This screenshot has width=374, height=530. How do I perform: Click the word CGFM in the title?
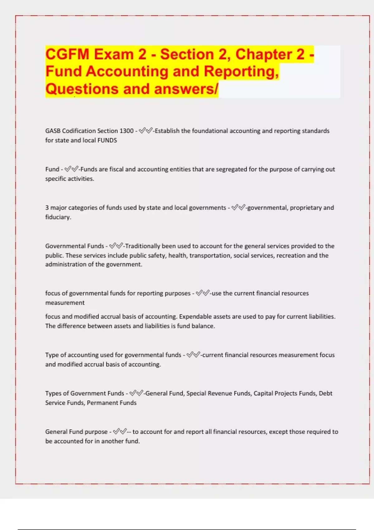pyautogui.click(x=67, y=54)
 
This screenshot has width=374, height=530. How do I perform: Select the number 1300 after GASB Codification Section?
pyautogui.click(x=127, y=131)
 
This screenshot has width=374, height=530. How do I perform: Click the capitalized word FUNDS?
pyautogui.click(x=107, y=140)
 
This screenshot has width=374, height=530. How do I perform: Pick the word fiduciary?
pyautogui.click(x=58, y=217)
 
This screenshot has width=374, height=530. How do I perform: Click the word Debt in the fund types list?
pyautogui.click(x=325, y=393)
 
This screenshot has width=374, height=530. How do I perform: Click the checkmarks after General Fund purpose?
pyautogui.click(x=120, y=432)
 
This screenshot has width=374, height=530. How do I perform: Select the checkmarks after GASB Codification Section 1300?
pyautogui.click(x=145, y=131)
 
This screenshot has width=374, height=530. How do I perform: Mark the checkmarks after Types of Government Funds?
pyautogui.click(x=136, y=393)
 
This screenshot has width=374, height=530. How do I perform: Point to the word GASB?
pyautogui.click(x=53, y=131)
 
